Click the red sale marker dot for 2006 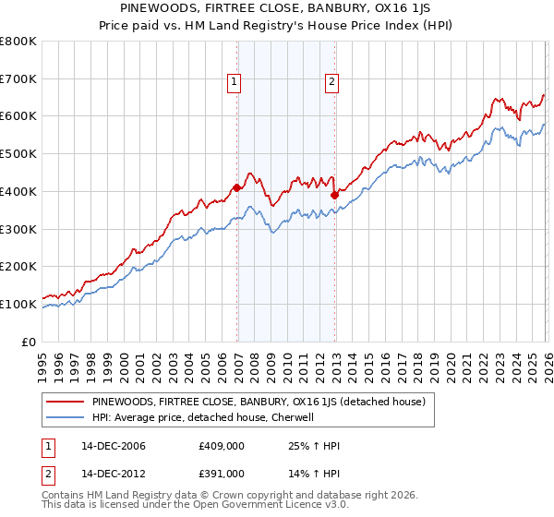pyautogui.click(x=237, y=187)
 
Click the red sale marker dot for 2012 pyautogui.click(x=334, y=195)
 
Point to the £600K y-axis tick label pyautogui.click(x=18, y=116)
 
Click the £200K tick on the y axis pyautogui.click(x=18, y=267)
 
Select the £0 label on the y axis pyautogui.click(x=30, y=342)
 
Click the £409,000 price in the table pyautogui.click(x=222, y=446)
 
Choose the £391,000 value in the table pyautogui.click(x=222, y=473)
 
